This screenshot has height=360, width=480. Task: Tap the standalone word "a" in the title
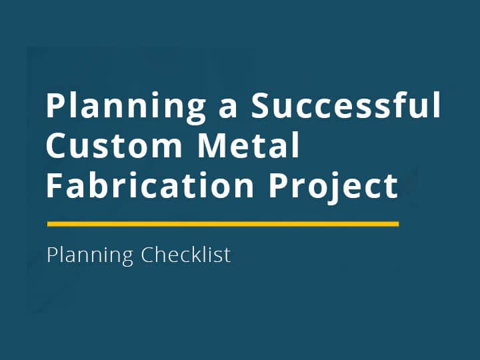(229, 108)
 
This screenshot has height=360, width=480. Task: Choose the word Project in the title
(333, 186)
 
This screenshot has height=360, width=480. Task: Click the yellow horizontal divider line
(223, 224)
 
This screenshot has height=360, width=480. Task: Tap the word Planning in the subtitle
(90, 255)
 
